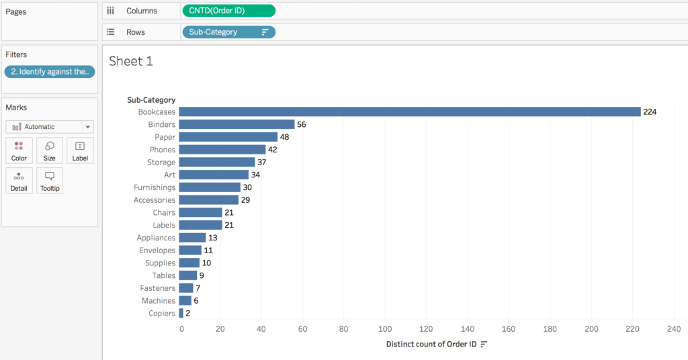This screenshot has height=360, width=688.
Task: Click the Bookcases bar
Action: click(x=409, y=111)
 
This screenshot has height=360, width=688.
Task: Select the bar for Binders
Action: click(x=236, y=124)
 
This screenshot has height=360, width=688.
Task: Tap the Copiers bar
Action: click(x=181, y=313)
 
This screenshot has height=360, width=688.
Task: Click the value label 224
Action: click(x=649, y=111)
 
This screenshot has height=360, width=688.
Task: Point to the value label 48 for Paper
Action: click(x=284, y=137)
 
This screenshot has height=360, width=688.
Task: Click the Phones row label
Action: click(x=163, y=150)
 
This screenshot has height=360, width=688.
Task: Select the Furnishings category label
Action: click(x=155, y=187)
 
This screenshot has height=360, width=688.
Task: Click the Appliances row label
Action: click(x=156, y=238)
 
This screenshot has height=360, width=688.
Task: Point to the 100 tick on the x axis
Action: click(x=386, y=329)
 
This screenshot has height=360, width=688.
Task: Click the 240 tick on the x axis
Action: click(x=673, y=329)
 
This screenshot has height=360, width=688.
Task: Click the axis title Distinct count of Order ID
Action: click(x=431, y=344)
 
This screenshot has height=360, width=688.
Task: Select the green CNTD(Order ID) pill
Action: click(x=228, y=11)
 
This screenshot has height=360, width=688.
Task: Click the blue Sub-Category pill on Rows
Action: click(x=228, y=32)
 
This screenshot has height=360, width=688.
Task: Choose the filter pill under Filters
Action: click(x=50, y=72)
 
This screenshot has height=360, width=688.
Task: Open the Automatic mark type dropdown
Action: click(x=50, y=126)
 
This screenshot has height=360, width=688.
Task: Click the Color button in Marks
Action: click(x=19, y=151)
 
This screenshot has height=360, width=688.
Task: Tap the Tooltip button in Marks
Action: click(x=50, y=181)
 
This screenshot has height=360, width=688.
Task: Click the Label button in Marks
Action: click(x=80, y=151)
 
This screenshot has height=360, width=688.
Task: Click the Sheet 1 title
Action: click(x=131, y=61)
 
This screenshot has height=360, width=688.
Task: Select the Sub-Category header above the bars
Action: click(x=151, y=100)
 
